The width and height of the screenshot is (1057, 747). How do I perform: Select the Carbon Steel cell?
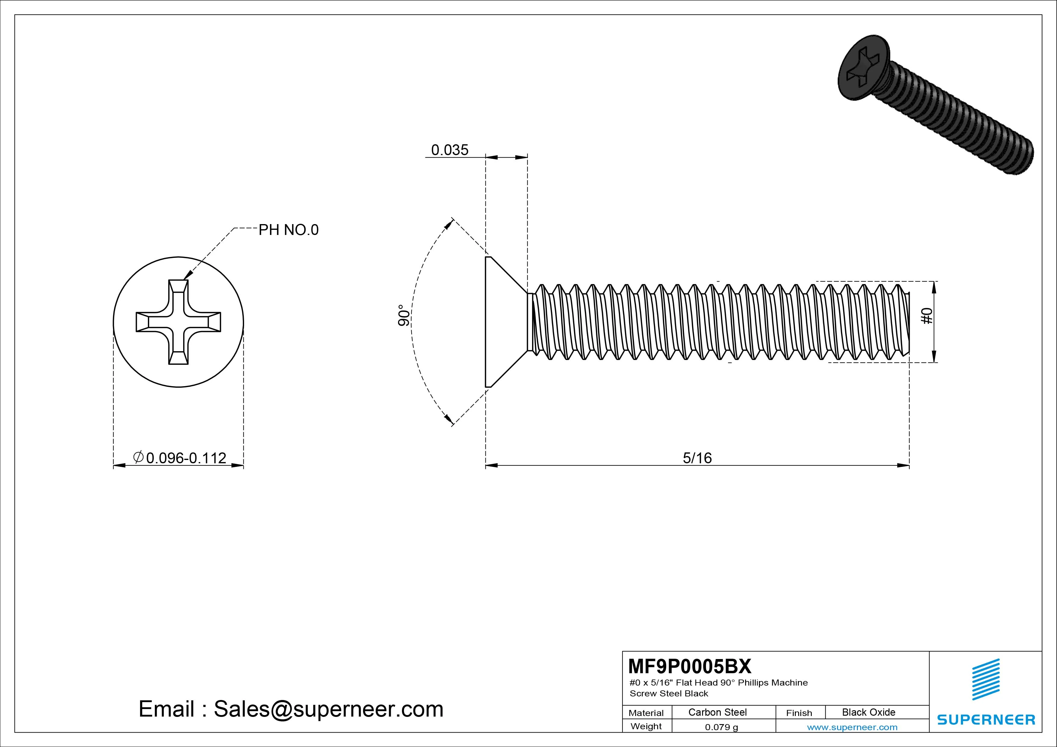click(717, 712)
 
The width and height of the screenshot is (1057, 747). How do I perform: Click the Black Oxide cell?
click(868, 712)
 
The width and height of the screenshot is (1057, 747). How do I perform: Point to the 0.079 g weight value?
click(721, 727)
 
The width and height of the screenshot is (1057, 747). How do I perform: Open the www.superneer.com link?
click(852, 727)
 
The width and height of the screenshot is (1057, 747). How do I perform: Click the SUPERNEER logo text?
click(986, 719)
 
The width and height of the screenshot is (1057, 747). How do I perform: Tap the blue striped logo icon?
click(986, 679)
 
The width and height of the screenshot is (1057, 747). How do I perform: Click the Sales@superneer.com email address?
click(328, 709)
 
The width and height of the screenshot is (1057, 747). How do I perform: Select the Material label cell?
click(646, 713)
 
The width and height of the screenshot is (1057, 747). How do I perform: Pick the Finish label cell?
click(799, 713)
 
